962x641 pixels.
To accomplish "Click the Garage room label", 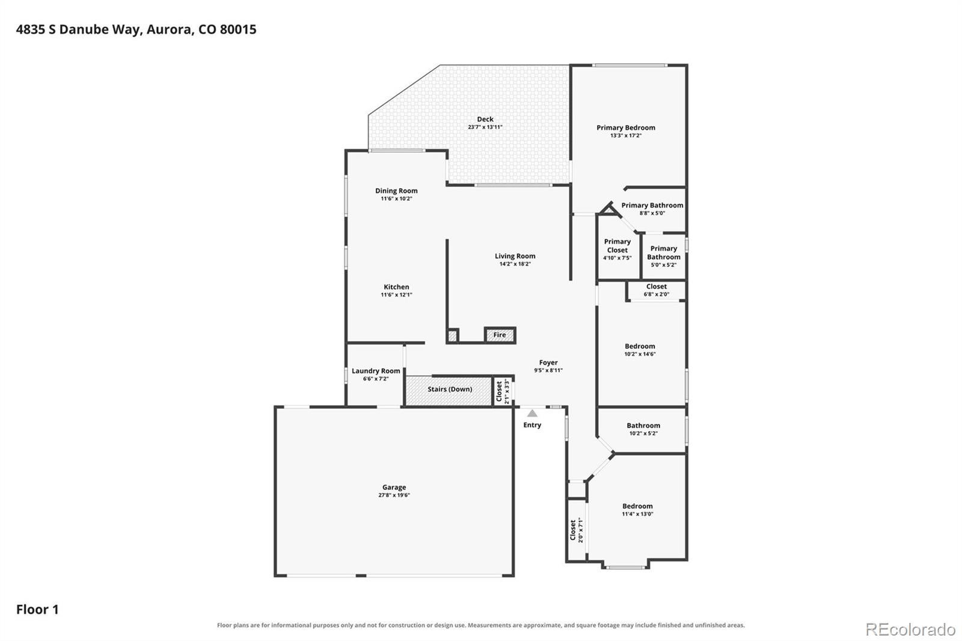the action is (x=394, y=487).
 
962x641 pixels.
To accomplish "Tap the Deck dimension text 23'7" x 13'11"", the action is (x=485, y=127).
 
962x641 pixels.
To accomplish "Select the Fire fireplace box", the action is (x=500, y=335).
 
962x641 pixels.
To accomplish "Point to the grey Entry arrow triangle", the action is (x=532, y=413).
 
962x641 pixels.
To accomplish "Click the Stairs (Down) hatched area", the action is (x=449, y=390).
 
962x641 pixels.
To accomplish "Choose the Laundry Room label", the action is (x=376, y=371).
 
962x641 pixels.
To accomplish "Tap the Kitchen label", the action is (x=396, y=287).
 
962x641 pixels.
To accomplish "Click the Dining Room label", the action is (x=396, y=191).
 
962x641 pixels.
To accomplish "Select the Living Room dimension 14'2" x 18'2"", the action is (x=515, y=264).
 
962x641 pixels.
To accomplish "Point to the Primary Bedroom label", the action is (x=626, y=127).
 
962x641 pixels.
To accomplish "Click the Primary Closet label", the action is (x=617, y=246).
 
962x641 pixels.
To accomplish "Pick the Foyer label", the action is (x=548, y=363).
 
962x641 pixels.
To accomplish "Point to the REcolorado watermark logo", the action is (x=910, y=630).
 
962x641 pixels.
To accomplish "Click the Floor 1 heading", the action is (x=37, y=610).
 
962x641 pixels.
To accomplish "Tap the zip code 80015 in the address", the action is (x=238, y=29).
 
